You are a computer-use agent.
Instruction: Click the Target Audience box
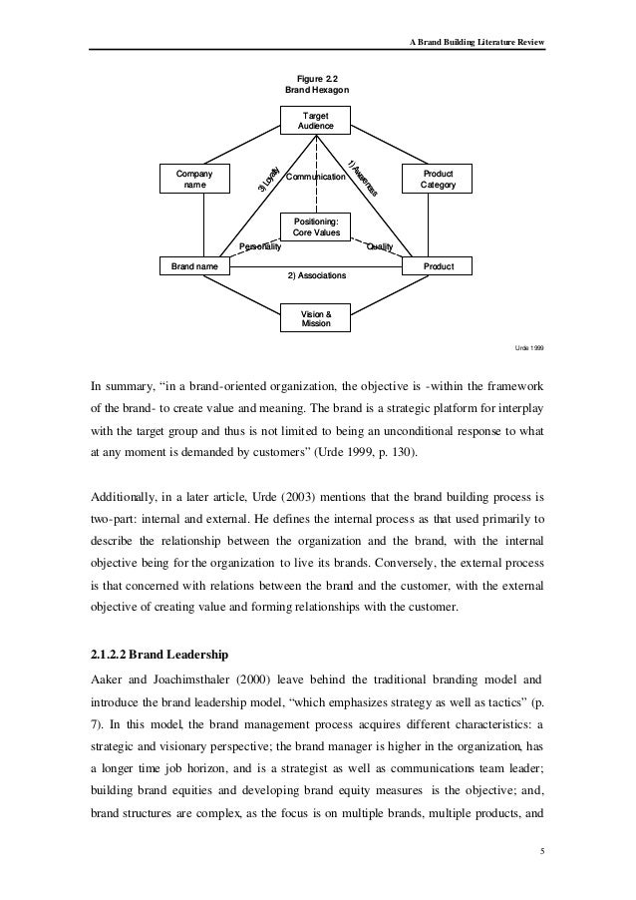tap(316, 123)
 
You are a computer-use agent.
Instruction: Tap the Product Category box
tap(437, 179)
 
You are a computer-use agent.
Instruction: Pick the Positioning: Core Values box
tap(316, 226)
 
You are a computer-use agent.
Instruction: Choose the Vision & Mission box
tap(316, 319)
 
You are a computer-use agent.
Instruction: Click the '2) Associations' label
tap(316, 275)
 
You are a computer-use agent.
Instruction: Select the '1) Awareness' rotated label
tap(361, 178)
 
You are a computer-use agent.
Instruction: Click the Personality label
tap(261, 245)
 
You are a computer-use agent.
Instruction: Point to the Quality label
tap(380, 245)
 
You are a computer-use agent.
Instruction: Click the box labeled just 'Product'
tap(437, 267)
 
